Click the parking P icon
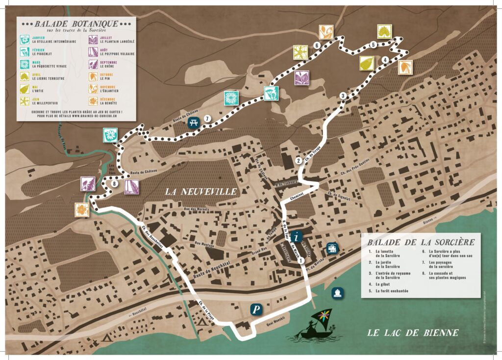(255, 309)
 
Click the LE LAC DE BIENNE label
(413, 333)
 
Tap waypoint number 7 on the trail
(208, 119)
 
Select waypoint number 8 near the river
(114, 184)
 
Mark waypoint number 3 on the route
(343, 95)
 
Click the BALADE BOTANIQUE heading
(76, 24)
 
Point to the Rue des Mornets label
(196, 210)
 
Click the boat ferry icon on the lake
(338, 293)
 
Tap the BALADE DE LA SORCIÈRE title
(421, 242)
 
